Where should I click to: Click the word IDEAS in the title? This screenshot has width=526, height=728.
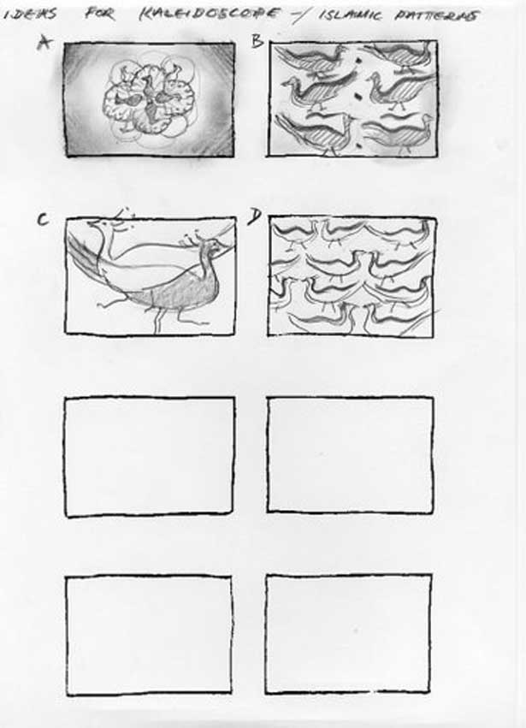pyautogui.click(x=30, y=14)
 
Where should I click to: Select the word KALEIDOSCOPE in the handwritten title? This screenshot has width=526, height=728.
pyautogui.click(x=210, y=14)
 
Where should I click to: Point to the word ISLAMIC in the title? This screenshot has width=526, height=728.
pyautogui.click(x=351, y=15)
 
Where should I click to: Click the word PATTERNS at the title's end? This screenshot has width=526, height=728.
pyautogui.click(x=436, y=15)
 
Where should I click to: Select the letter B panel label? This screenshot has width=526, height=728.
pyautogui.click(x=257, y=41)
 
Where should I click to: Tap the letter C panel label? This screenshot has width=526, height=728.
pyautogui.click(x=42, y=219)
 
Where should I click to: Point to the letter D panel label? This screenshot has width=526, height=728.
pyautogui.click(x=254, y=216)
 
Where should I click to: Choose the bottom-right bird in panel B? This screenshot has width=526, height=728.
pyautogui.click(x=398, y=133)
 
